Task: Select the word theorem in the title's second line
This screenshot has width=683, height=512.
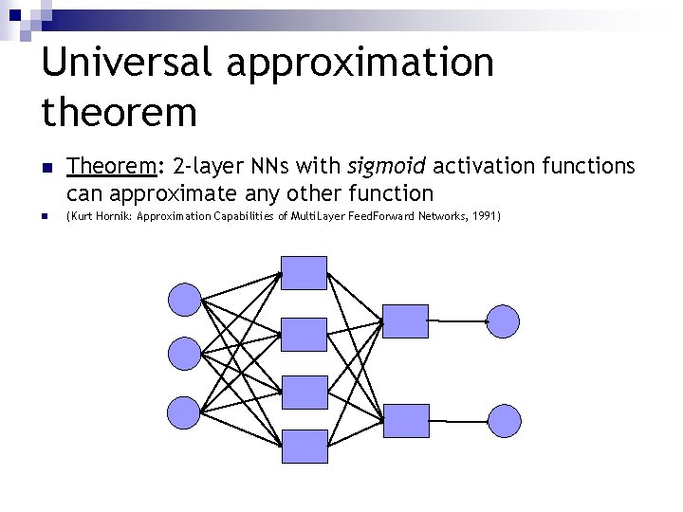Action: click(x=120, y=112)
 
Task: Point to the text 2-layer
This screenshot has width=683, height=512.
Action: click(x=207, y=167)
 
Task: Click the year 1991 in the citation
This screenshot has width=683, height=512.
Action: click(x=482, y=217)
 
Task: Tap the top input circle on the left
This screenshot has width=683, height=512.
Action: click(x=184, y=300)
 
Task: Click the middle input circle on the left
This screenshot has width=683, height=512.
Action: click(x=184, y=355)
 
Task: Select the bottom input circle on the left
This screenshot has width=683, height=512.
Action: click(x=184, y=411)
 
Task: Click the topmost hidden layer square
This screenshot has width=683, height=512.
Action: click(x=305, y=273)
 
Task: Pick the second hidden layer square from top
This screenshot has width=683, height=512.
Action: click(x=305, y=335)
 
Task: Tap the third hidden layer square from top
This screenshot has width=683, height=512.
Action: click(x=305, y=392)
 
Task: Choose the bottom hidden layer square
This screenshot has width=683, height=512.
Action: click(x=305, y=446)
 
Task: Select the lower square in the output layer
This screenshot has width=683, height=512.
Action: click(x=405, y=420)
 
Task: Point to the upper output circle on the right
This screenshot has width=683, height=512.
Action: click(x=503, y=321)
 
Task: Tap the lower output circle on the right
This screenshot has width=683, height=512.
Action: click(x=504, y=420)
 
